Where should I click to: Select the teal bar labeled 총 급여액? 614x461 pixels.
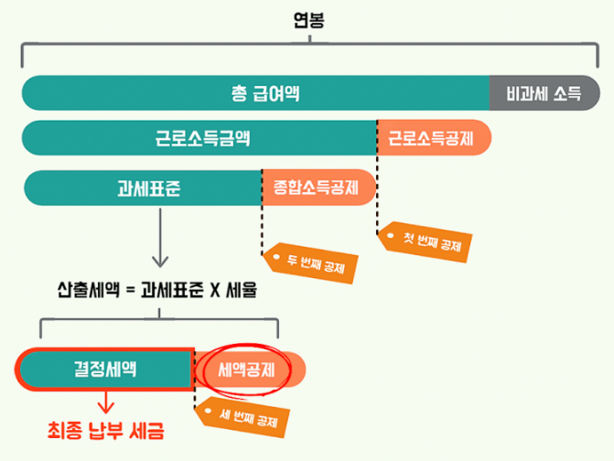pos(256,93)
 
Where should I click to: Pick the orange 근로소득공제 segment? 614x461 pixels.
pos(434,139)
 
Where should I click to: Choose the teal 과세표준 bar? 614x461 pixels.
pos(143,188)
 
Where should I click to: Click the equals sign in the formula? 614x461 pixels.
pos(129,292)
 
